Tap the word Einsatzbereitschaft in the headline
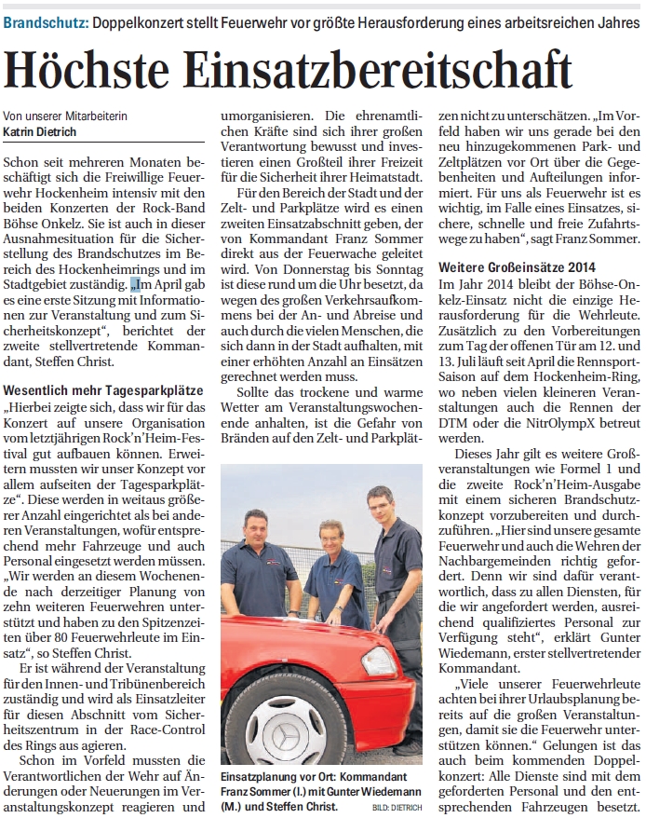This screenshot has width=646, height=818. (372, 68)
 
